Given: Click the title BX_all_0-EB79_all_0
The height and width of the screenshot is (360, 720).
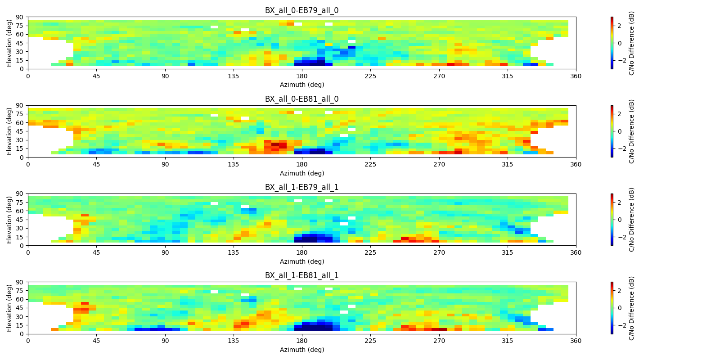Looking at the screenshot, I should [301, 10].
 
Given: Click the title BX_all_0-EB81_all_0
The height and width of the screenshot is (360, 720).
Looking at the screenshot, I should [301, 99].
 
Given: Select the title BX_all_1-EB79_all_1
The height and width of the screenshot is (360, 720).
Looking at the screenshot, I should [301, 187].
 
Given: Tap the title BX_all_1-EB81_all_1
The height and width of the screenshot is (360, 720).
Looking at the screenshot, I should [301, 275].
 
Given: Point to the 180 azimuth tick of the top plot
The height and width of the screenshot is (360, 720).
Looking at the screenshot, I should [301, 76].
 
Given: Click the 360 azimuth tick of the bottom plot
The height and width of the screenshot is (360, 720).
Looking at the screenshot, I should [576, 341].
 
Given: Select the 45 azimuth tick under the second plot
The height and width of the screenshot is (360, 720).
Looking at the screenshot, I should [96, 164].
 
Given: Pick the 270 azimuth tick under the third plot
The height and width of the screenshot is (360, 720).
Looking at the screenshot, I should [439, 252].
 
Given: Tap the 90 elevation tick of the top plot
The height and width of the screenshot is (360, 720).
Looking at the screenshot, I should [20, 17].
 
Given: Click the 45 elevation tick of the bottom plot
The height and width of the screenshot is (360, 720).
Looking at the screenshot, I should [20, 308].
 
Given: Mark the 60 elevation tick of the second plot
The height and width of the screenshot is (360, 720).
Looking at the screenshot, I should [20, 123].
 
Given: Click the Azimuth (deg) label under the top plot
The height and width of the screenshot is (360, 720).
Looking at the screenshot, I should [301, 85].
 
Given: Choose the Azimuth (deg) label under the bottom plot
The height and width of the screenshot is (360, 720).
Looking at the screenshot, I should [301, 350].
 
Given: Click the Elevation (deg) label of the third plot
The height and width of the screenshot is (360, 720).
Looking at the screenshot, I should [9, 220].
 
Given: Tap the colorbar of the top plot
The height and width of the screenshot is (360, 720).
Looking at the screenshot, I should [612, 43].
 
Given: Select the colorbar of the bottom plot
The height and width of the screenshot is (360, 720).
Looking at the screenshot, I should [612, 308].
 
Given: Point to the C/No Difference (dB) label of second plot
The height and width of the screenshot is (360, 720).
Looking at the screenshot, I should [631, 131].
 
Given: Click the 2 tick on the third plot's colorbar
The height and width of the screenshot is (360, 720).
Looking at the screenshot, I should [620, 202].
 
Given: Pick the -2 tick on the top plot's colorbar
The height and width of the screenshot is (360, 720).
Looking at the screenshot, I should [618, 60].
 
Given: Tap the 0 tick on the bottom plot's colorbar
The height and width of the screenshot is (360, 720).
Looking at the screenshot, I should [620, 308].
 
